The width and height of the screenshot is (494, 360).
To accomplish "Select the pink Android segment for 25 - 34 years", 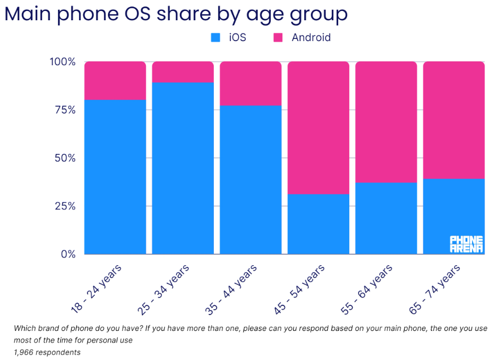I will pos(183,72).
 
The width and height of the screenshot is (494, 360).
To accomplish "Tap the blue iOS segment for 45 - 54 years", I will pos(318,224).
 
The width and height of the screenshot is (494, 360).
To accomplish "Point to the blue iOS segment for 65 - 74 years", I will pos(453,216).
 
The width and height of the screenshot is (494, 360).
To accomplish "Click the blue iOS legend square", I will pos(215,38).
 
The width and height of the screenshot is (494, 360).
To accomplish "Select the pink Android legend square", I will pos(278,38).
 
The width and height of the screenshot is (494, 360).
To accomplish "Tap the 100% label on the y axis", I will pos(63,62).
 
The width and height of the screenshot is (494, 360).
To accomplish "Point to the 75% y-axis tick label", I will pos(65,110).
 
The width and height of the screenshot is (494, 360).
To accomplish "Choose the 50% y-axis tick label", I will pos(65,158).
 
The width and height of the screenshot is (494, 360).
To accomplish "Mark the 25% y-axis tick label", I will pos(65,207).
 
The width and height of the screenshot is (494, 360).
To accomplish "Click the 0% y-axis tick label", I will pos(67,254).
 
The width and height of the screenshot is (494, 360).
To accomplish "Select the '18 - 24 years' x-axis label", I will pos(96,288).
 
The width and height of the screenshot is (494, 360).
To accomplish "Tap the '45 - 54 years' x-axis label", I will pos(299,288).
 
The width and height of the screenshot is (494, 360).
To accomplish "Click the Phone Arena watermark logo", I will pos(466,244).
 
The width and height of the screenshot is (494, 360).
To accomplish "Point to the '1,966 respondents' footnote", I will pos(47,352).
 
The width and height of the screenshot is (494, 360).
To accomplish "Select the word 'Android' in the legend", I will pos(311,38).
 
